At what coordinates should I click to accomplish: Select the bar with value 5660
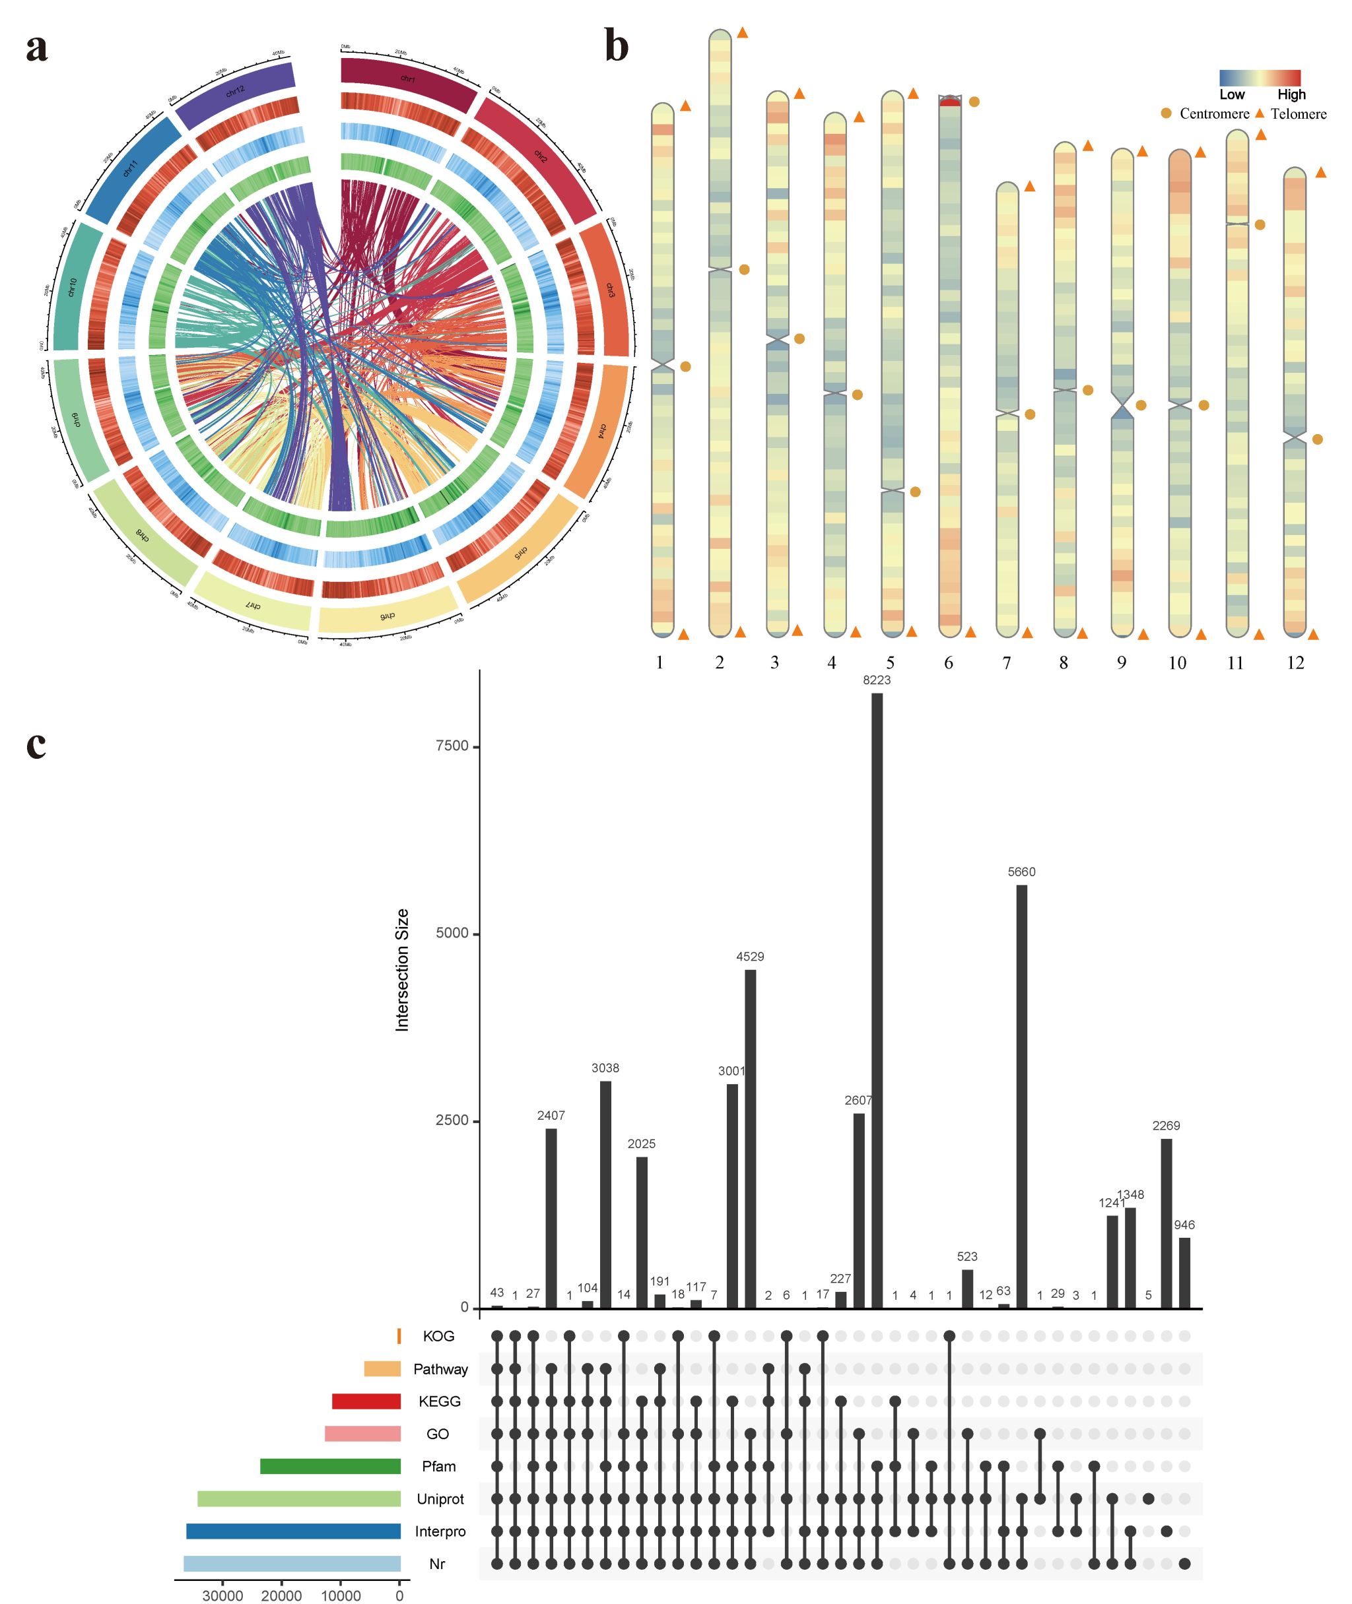[1022, 1095]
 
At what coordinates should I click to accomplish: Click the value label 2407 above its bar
[551, 1115]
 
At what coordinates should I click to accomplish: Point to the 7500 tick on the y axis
[452, 746]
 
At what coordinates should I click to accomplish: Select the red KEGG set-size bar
[366, 1401]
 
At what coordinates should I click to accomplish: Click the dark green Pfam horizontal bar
[330, 1466]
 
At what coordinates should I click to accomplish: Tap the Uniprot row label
[440, 1499]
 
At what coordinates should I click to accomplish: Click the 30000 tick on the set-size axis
[223, 1595]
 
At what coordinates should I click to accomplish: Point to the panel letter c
[36, 744]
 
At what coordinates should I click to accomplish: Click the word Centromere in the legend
[1214, 114]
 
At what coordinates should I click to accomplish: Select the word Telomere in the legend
[1299, 114]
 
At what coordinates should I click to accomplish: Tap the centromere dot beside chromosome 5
[915, 492]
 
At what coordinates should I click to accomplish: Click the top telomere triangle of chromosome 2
[742, 33]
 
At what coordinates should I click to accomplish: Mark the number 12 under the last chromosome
[1295, 662]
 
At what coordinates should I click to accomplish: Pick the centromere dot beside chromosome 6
[974, 101]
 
